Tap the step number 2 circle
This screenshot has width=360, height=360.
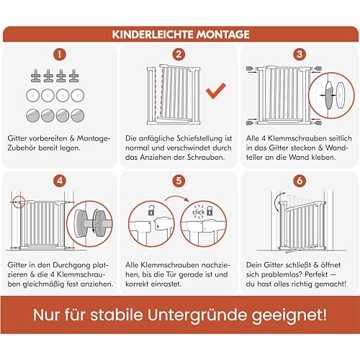(x=180, y=53)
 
